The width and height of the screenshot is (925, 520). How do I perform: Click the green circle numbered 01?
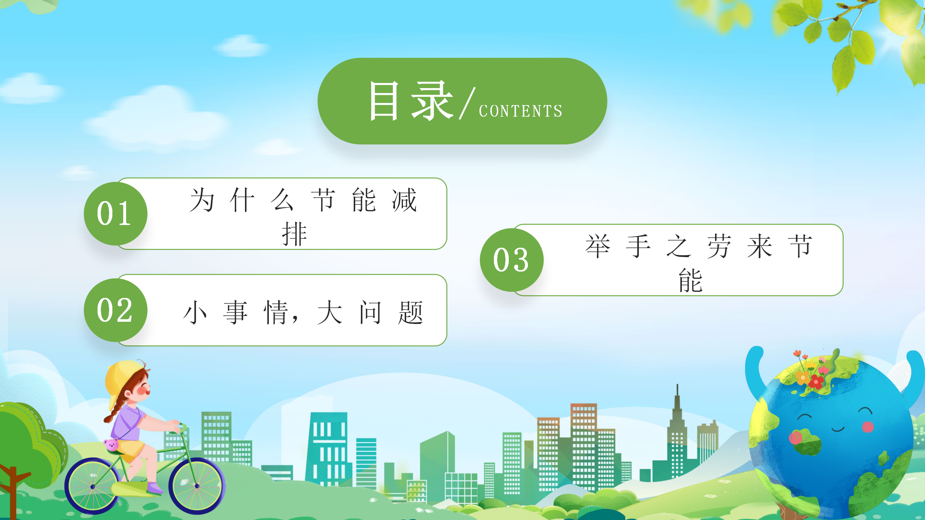[x=116, y=214]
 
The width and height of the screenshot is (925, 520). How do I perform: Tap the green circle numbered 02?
[x=116, y=310]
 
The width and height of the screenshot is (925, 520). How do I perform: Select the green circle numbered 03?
[x=512, y=260]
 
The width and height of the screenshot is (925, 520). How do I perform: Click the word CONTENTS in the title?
[x=521, y=111]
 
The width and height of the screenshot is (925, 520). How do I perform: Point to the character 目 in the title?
[x=384, y=101]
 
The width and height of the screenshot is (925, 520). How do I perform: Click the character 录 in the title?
[x=433, y=101]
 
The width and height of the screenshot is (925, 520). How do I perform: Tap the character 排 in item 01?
[x=294, y=234]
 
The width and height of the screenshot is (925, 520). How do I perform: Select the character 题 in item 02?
[x=410, y=313]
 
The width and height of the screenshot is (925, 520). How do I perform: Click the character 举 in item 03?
[x=598, y=246]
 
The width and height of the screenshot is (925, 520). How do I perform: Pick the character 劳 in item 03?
[x=719, y=246]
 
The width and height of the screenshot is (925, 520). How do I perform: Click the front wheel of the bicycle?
[x=197, y=486]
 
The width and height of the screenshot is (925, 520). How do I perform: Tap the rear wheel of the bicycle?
[x=93, y=486]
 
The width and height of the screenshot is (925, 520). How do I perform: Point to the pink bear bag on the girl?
[x=111, y=445]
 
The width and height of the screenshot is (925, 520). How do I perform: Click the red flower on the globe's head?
[x=816, y=381]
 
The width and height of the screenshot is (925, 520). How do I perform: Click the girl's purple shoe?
[x=155, y=488]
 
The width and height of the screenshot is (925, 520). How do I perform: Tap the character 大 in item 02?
[x=330, y=313]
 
